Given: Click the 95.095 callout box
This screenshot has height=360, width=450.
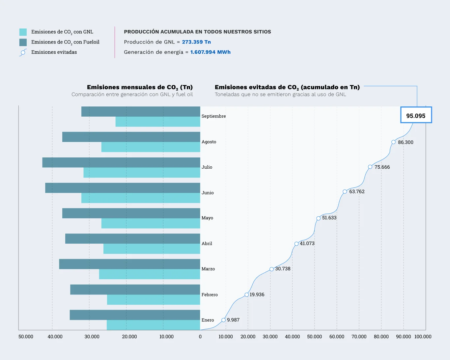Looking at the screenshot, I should pos(416,115).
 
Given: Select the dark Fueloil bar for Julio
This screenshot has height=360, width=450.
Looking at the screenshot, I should pos(121,162).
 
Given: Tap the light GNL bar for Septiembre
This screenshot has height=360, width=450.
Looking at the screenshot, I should pos(158,122).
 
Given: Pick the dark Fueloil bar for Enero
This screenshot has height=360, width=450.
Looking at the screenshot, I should pos(135,315).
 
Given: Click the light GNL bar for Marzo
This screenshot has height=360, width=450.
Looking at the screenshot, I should pos(150,274).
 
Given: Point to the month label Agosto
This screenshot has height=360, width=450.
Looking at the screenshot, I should pos(209,142).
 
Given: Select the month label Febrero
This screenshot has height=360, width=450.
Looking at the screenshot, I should pos(210,294).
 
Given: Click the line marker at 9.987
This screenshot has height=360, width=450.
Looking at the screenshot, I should pos(224,320).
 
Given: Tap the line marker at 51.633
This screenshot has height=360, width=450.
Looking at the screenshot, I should pos(318,218).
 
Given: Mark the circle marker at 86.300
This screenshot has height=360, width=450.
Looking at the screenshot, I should pos(393,142).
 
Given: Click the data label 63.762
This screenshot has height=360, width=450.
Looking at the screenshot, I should pos(357,191).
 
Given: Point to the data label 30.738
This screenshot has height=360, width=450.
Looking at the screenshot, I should pos(283,269).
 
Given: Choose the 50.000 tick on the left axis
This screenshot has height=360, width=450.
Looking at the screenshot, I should pos(26,337).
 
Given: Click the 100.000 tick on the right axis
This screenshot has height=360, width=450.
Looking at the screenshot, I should pos(423,337).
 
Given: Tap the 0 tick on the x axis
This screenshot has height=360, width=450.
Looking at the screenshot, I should pos(200,337).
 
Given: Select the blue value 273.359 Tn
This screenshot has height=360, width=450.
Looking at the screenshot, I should pos(196,42).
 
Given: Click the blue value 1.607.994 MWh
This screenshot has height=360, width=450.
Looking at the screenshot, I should pos(210,52).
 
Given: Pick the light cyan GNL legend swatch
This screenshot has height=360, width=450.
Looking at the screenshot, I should pos(23,32).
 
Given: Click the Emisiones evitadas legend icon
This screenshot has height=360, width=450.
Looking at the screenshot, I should pos(23,52).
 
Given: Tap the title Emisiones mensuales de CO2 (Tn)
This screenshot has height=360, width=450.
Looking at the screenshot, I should pos(140,87).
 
